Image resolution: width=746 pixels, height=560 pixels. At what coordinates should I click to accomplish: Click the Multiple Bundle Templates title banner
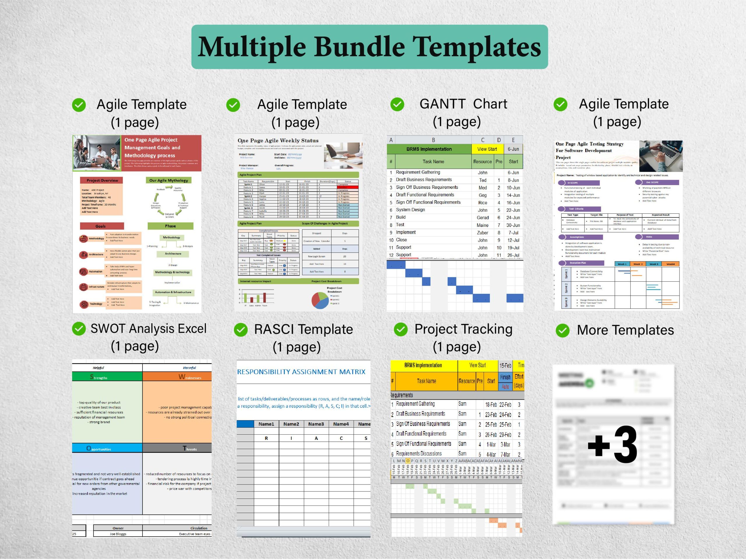[x=369, y=47]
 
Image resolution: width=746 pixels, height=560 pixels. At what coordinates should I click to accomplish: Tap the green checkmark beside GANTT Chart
[x=397, y=105]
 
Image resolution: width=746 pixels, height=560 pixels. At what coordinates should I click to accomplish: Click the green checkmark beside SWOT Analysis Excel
[x=79, y=329]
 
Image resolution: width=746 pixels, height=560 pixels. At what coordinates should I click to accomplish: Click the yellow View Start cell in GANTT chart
[x=487, y=149]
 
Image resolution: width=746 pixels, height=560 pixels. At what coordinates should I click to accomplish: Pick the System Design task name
[x=410, y=210]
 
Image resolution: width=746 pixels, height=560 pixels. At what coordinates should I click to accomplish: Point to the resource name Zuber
[x=482, y=233]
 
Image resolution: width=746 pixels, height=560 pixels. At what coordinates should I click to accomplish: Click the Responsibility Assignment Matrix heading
[x=301, y=372]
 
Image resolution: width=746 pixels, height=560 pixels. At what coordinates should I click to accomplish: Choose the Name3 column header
[x=316, y=424]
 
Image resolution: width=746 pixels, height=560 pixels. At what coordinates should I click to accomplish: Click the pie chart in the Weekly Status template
[x=319, y=300]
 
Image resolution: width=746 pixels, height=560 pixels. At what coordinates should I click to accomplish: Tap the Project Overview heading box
[x=102, y=180]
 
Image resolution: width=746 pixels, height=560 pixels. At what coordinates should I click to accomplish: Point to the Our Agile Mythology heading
[x=169, y=180]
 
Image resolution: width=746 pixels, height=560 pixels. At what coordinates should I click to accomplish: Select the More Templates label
[x=625, y=330]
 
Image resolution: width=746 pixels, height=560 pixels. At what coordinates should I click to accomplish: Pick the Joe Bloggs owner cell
[x=118, y=534]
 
